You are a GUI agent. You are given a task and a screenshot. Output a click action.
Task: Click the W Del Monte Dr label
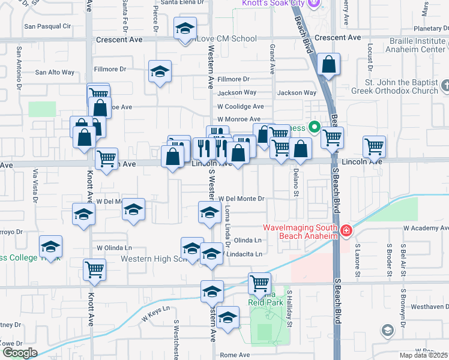(x=241, y=199)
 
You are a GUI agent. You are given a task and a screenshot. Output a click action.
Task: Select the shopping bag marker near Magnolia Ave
(x=330, y=64)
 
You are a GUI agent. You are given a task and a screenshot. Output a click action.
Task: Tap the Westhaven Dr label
(x=426, y=306)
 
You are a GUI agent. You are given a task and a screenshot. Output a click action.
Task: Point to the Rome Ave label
(x=234, y=355)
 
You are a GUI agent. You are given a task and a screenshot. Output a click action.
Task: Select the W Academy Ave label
(x=426, y=229)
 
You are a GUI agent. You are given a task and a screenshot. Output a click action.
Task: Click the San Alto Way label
(x=55, y=73)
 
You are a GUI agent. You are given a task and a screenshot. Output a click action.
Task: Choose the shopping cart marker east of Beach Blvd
(x=373, y=146)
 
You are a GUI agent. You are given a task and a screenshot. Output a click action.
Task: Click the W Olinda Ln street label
(x=114, y=248)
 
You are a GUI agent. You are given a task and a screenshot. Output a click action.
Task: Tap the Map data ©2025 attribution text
(x=423, y=355)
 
